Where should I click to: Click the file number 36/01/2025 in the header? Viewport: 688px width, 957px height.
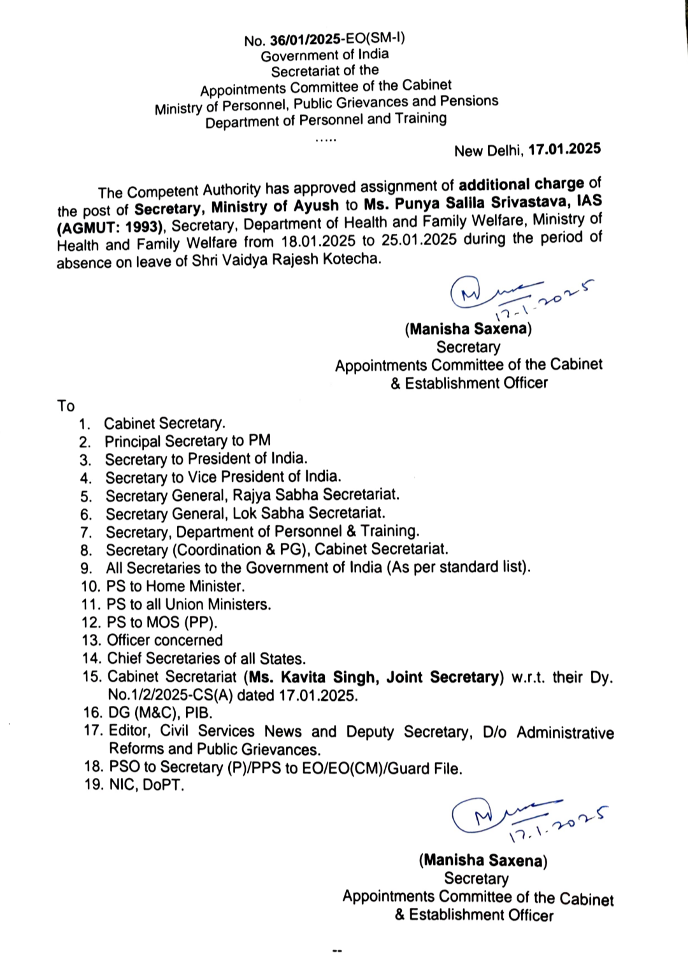coord(305,40)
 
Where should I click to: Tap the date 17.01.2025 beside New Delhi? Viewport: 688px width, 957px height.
coord(564,149)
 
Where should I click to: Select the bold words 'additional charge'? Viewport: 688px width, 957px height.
coord(521,184)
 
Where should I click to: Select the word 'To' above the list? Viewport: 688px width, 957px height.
coord(66,406)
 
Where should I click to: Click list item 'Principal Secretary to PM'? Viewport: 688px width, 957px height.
coord(187,441)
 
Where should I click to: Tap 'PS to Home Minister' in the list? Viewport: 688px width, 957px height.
coord(175,586)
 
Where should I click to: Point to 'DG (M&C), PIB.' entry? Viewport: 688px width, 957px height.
coord(159,713)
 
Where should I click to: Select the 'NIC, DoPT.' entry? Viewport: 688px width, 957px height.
coord(146,785)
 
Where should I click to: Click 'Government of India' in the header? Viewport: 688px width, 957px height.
coord(324,55)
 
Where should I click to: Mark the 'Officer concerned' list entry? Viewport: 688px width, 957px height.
coord(164,640)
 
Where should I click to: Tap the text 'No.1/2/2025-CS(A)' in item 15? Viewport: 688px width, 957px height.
coord(169,695)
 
